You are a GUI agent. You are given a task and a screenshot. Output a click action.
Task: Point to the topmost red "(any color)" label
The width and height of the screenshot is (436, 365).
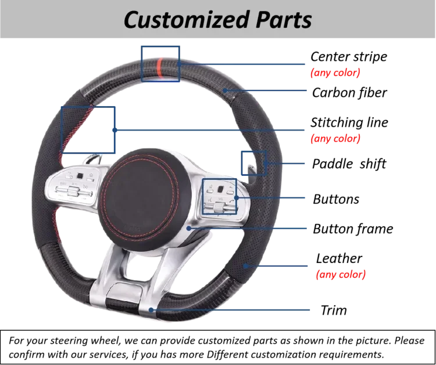pyautogui.click(x=336, y=73)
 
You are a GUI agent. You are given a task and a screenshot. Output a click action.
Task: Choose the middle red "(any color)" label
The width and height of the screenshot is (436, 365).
pyautogui.click(x=336, y=139)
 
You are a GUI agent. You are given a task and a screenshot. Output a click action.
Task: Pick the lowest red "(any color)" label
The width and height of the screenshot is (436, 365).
pyautogui.click(x=341, y=275)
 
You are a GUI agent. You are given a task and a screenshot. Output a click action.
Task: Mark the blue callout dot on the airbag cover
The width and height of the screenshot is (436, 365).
pyautogui.click(x=190, y=229)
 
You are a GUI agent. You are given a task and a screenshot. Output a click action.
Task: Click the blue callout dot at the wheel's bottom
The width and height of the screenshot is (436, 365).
pyautogui.click(x=152, y=310)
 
